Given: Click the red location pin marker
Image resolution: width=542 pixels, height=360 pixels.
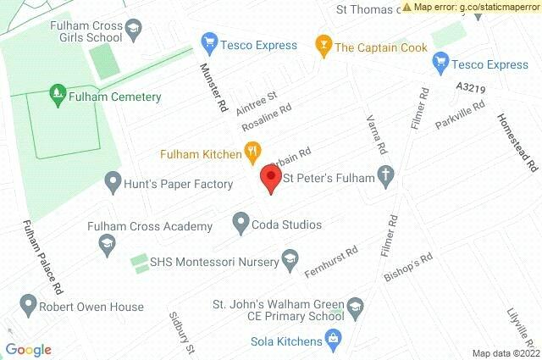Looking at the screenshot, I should coord(270,178).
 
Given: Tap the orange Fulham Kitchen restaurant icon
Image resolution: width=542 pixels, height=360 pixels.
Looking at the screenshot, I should coord(252,152).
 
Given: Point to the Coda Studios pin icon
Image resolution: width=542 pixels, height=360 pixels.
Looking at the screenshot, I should coord(241,224).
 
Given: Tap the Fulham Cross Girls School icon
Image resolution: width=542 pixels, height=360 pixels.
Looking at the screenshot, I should coord(133,32).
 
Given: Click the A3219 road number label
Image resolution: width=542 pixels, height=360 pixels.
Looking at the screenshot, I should coord(469,87).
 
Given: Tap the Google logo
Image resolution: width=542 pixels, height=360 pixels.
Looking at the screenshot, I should coord(28,350).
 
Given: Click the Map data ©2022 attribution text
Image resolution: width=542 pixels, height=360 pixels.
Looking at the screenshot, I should coord(505,353).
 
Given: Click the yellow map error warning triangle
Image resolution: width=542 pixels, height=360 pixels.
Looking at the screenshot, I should coord(408,7).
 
